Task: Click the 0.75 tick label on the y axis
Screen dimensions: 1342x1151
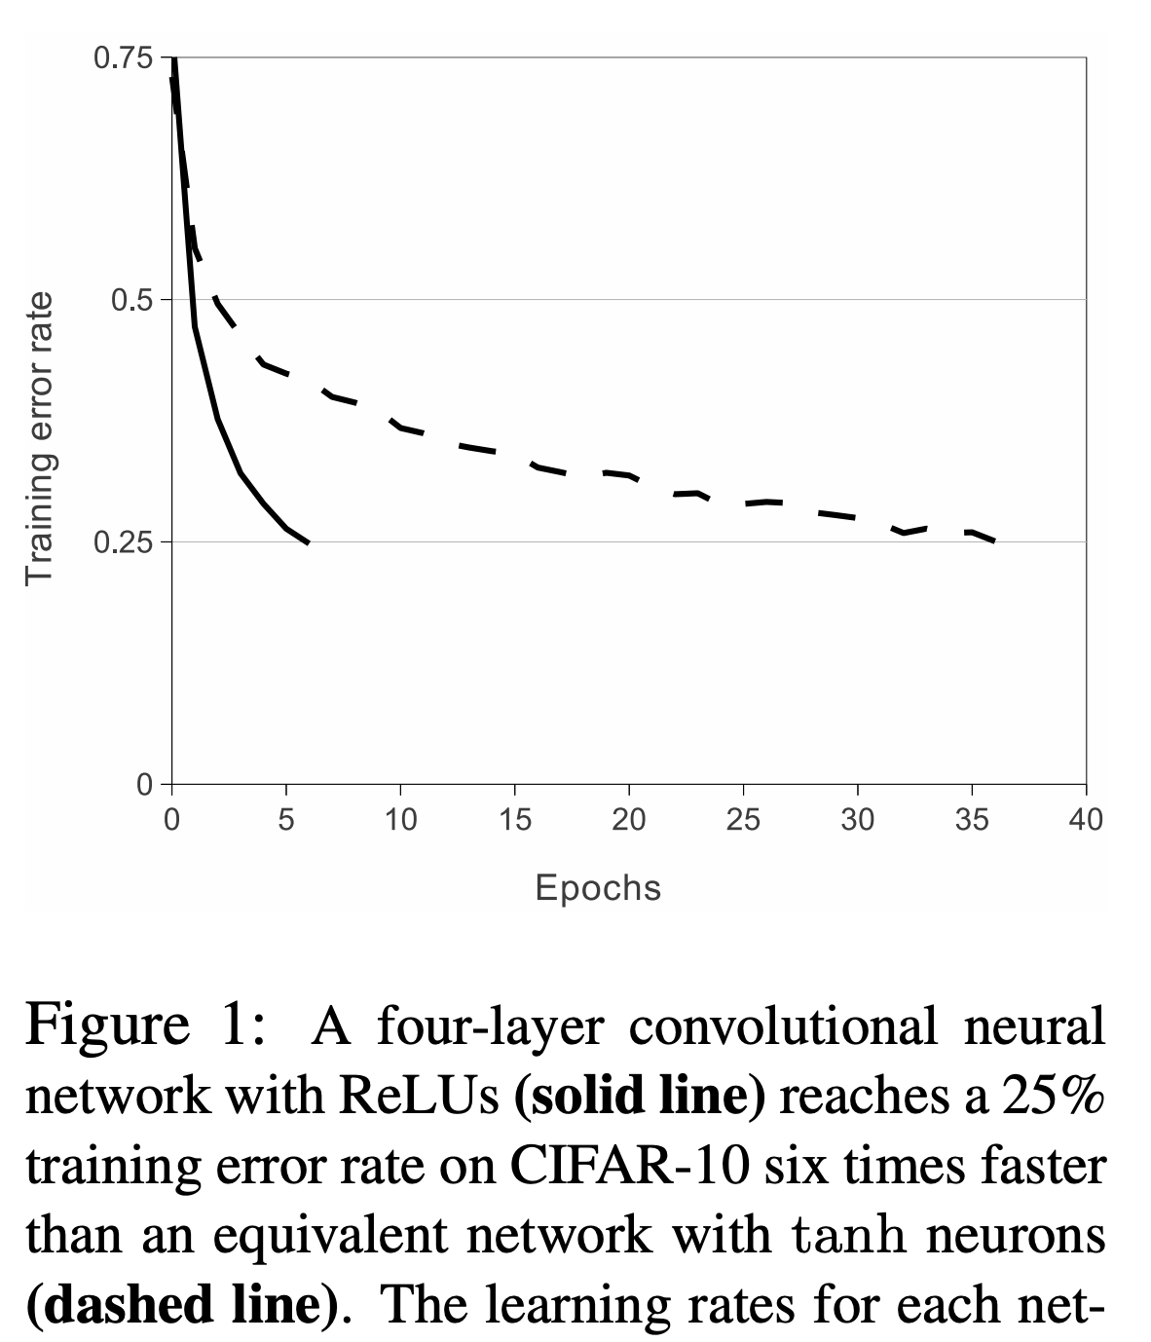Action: [x=123, y=57]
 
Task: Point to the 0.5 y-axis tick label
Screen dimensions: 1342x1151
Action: [x=131, y=299]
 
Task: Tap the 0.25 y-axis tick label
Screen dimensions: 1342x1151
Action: [x=123, y=541]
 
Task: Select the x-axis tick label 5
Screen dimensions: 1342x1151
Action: [x=285, y=820]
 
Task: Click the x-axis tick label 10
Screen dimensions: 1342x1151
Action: [x=399, y=820]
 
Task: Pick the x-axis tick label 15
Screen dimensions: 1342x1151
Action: [x=514, y=820]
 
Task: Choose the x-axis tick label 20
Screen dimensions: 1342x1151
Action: [x=628, y=820]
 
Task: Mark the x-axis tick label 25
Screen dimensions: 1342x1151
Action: [x=743, y=820]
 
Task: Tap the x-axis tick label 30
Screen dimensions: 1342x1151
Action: [x=857, y=820]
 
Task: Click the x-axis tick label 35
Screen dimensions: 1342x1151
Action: [x=972, y=820]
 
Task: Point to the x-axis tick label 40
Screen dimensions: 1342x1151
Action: [x=1086, y=820]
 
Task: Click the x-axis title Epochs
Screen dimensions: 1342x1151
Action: [x=598, y=887]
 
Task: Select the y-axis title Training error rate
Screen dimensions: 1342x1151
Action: [x=39, y=438]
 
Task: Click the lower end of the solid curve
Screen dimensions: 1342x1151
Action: [x=308, y=542]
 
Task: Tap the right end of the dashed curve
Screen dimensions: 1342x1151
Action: [x=993, y=541]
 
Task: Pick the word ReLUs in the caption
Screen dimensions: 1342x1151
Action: [x=420, y=1097]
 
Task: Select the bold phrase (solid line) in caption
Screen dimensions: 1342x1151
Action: [x=639, y=1097]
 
